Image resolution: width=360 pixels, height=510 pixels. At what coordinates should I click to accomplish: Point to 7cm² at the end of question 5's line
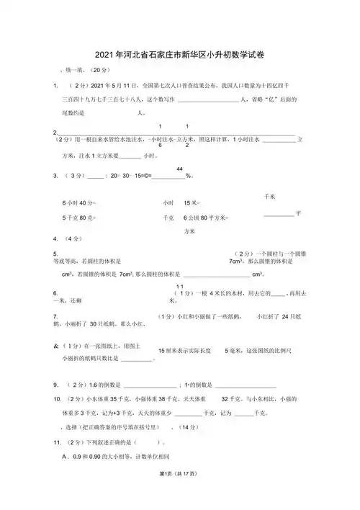[x=237, y=261]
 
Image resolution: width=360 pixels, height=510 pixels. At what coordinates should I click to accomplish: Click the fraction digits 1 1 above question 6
[x=171, y=287]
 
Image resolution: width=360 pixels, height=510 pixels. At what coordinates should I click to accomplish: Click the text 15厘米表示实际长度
[x=184, y=349]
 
